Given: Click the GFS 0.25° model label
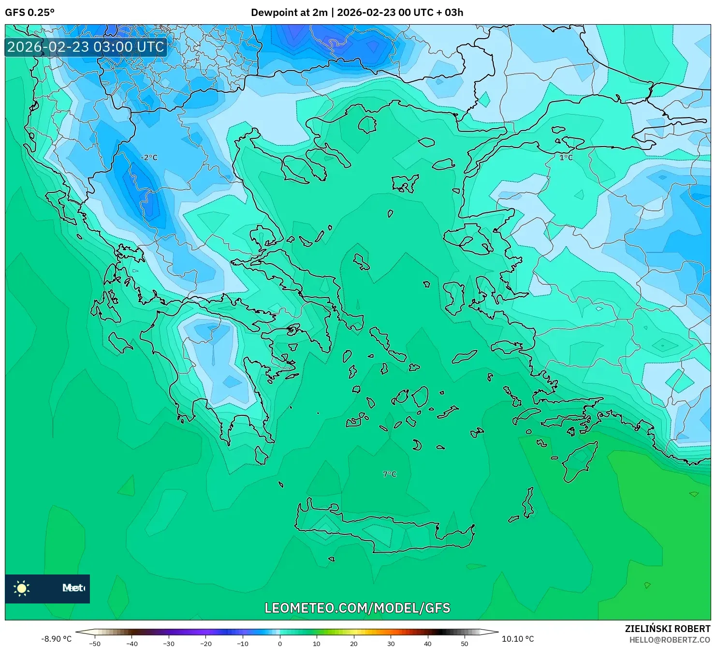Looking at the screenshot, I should (29, 13).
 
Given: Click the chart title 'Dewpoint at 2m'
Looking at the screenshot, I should (289, 13).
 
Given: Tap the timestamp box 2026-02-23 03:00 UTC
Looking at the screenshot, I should (86, 47).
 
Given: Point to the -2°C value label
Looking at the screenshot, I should (149, 158).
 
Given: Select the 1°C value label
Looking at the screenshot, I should (566, 158).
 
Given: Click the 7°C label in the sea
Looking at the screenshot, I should (390, 474).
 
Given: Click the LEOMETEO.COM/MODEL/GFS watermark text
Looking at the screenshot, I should (357, 608).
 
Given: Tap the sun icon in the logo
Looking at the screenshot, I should (22, 588).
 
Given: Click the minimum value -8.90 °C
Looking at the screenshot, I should (56, 639).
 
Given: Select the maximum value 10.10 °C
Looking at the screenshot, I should (518, 639).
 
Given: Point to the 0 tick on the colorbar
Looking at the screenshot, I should (280, 643).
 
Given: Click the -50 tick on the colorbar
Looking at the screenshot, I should (95, 643).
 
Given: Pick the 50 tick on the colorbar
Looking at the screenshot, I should (465, 643).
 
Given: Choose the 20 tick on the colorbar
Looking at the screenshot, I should (354, 643).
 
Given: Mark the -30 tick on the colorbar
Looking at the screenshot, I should (169, 643).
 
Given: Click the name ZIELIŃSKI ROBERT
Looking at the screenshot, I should (667, 629).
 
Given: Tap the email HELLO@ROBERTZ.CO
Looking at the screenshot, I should (670, 640).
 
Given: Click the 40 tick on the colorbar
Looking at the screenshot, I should (428, 643).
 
